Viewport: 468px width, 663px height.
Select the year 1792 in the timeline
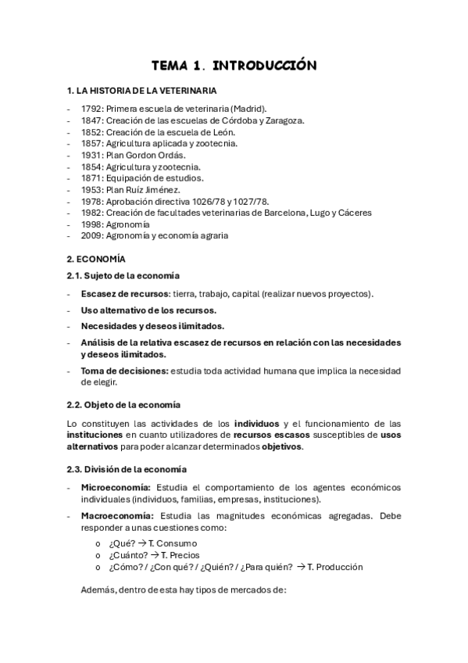click(91, 109)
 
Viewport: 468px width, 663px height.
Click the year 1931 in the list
click(91, 155)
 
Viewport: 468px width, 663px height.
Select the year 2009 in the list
click(91, 235)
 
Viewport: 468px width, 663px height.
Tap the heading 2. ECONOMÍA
click(97, 258)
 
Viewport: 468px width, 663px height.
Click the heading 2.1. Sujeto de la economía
click(123, 275)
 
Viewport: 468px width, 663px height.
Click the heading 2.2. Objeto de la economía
click(124, 404)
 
